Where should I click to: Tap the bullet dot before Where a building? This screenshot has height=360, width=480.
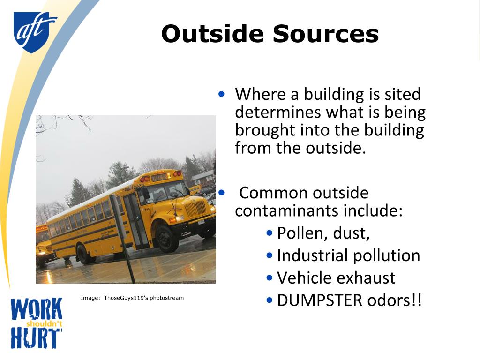(222, 94)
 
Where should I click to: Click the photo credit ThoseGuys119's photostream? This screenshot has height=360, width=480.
(143, 298)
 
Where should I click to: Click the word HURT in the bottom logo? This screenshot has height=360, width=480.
(36, 337)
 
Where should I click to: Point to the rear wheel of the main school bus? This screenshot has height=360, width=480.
(85, 254)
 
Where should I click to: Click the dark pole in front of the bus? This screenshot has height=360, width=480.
(123, 239)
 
